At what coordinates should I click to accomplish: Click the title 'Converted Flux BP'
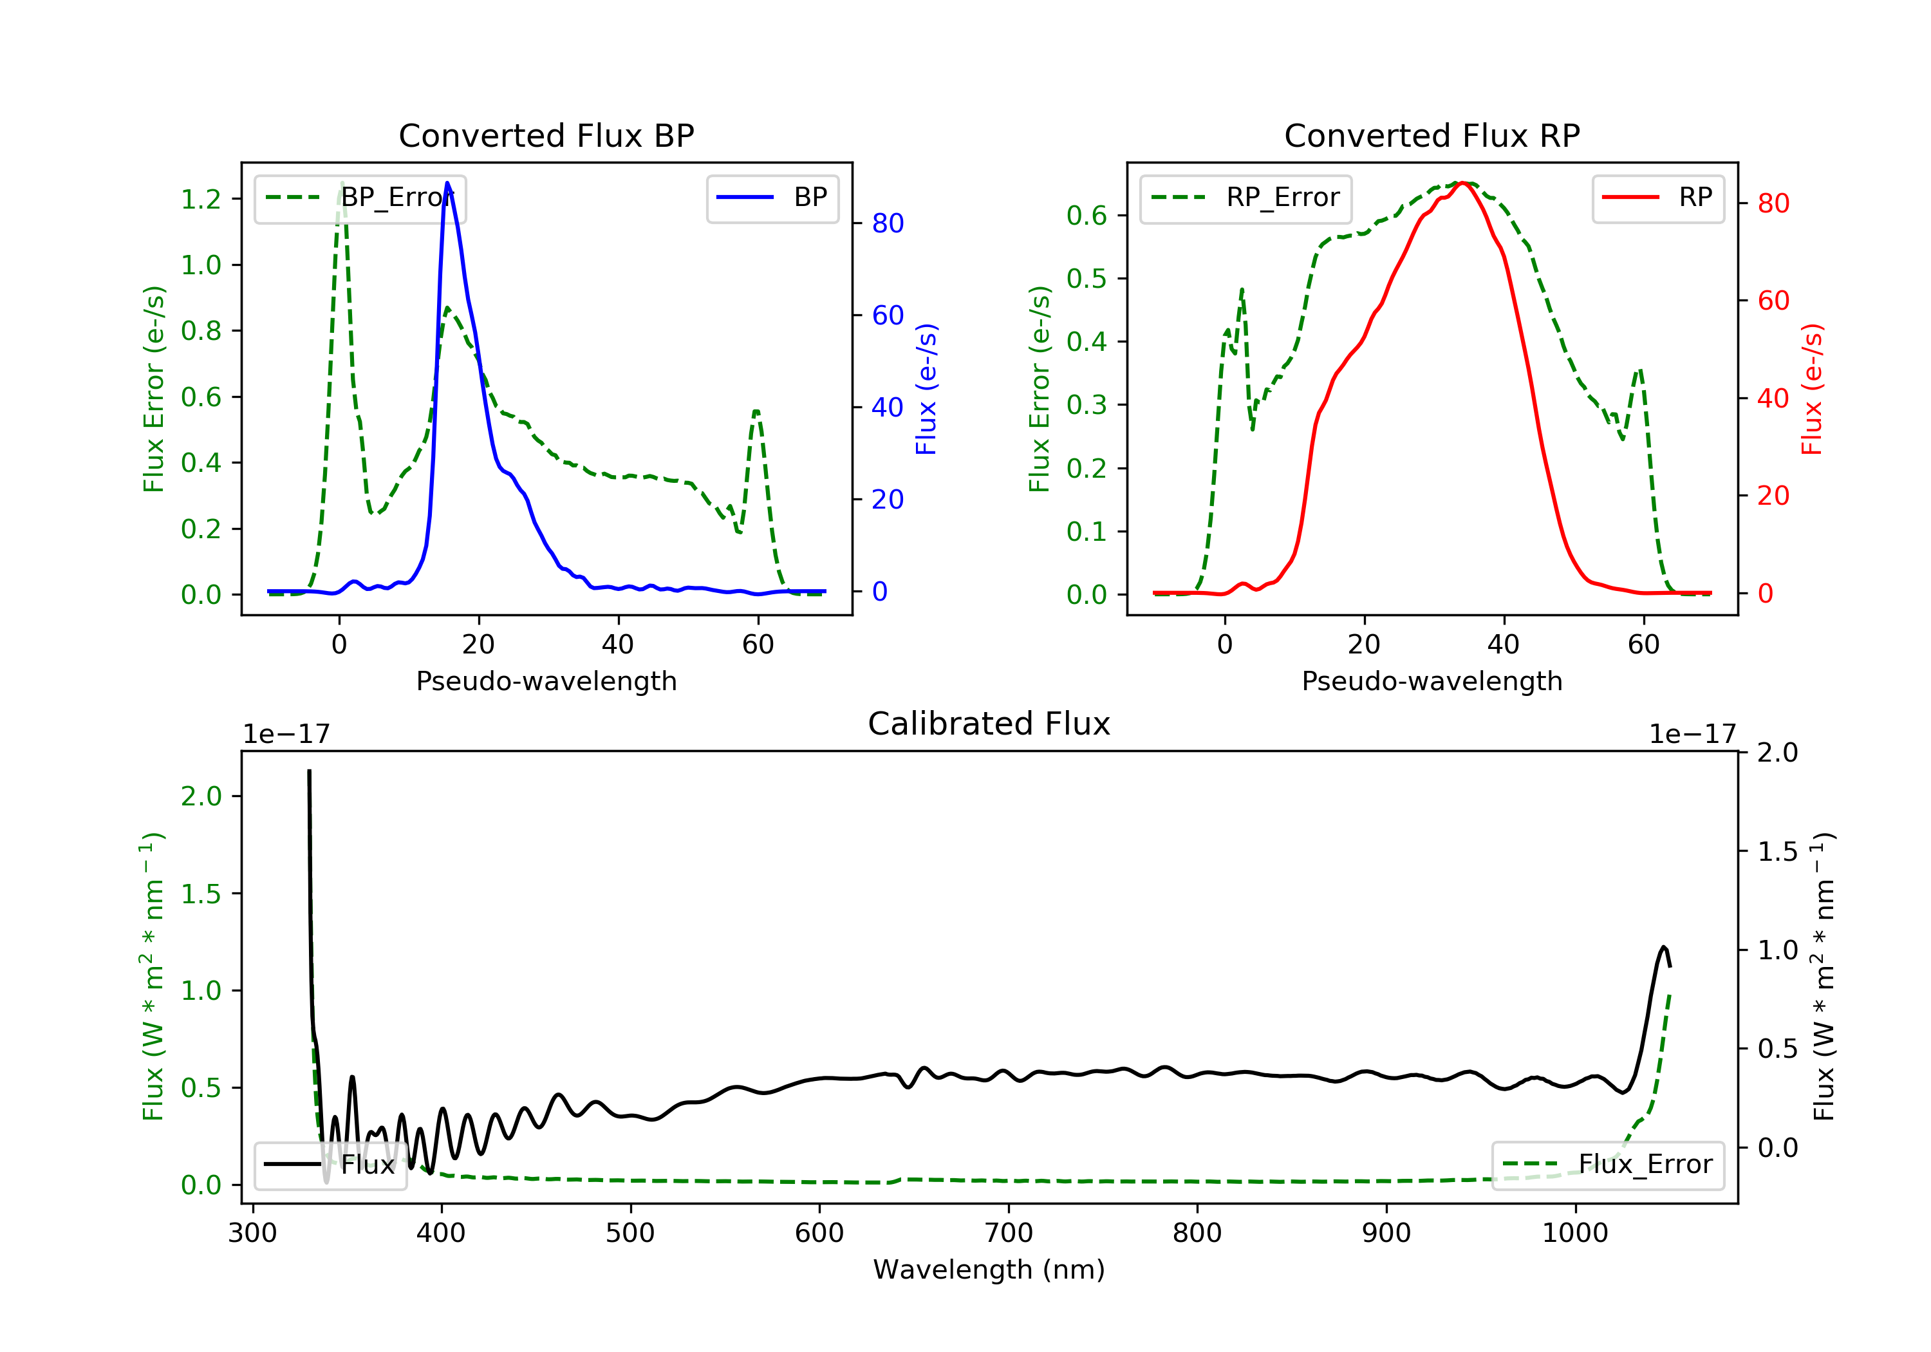click(546, 135)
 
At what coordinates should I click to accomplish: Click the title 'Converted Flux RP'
click(1432, 135)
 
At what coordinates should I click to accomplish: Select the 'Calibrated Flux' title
click(989, 724)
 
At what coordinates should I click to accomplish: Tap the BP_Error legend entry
click(360, 198)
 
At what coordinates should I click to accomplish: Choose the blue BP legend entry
click(772, 198)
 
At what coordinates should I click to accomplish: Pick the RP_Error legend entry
click(1245, 198)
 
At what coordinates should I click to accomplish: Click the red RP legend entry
click(1657, 198)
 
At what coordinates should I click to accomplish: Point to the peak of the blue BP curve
click(447, 183)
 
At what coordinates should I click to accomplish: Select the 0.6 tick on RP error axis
click(1087, 216)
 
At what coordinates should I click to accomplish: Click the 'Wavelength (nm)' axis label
click(989, 1270)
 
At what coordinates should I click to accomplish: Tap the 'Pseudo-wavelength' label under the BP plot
click(546, 681)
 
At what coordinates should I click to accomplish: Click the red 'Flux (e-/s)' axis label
click(1811, 390)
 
